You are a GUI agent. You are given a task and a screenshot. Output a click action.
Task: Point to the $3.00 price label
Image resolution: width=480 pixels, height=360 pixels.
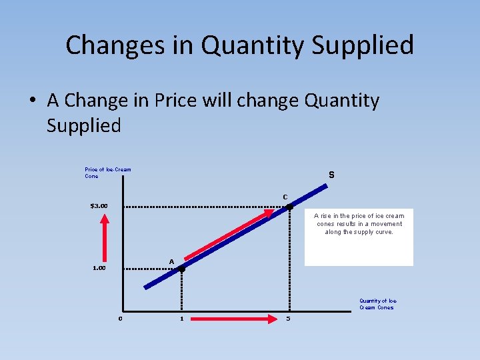(x=103, y=205)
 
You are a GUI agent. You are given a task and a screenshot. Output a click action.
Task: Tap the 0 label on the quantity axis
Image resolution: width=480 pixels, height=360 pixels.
(x=120, y=318)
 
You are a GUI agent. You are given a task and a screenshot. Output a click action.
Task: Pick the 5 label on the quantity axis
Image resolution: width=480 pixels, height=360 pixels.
(x=288, y=318)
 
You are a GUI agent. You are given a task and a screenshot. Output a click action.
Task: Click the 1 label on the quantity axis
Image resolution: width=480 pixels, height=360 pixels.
(x=181, y=318)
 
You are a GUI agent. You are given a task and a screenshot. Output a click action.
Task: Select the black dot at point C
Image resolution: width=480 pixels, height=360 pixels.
(x=289, y=207)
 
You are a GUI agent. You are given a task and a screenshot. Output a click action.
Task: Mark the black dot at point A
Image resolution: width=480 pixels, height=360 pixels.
(x=181, y=269)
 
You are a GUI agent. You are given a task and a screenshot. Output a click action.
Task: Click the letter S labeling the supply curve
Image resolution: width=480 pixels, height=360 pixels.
(x=331, y=175)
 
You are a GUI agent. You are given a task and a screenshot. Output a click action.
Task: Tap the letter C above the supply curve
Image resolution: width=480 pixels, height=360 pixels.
(x=285, y=197)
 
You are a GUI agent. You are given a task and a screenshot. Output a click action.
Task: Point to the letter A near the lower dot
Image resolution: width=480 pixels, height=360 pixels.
(x=171, y=261)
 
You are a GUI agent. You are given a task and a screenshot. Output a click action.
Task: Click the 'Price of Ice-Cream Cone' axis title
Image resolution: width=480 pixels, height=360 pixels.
(x=107, y=173)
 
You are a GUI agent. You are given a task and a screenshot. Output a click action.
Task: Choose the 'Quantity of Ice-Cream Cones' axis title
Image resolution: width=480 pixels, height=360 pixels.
(x=378, y=304)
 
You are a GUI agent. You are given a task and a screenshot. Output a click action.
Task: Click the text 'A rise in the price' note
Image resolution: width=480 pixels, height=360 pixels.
(x=359, y=224)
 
